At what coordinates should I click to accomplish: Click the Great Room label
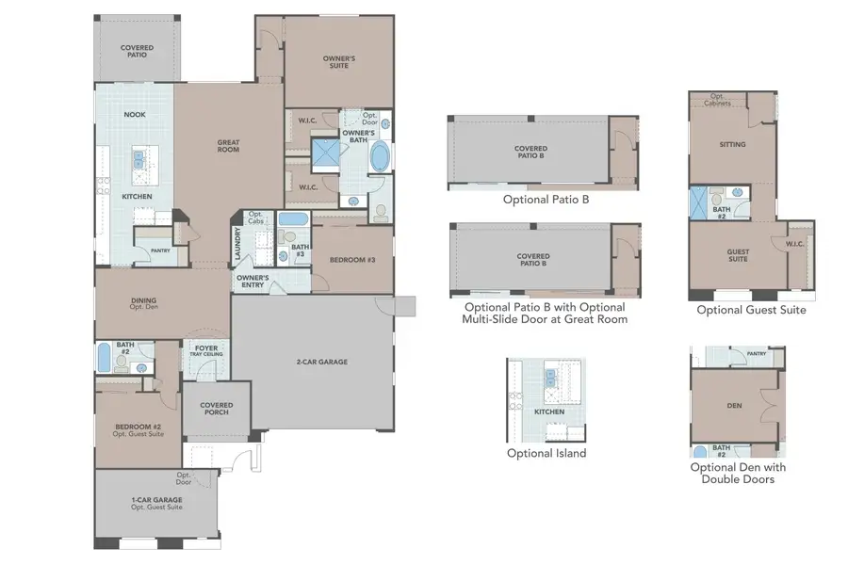pyautogui.click(x=228, y=147)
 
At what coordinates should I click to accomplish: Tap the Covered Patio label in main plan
pyautogui.click(x=138, y=51)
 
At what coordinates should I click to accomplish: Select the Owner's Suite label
pyautogui.click(x=338, y=62)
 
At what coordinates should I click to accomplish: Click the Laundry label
pyautogui.click(x=238, y=247)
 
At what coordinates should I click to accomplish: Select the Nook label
pyautogui.click(x=135, y=115)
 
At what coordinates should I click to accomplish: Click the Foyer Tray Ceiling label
pyautogui.click(x=207, y=351)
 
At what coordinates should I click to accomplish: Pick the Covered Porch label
pyautogui.click(x=217, y=409)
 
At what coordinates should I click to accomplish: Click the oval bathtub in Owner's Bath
pyautogui.click(x=381, y=157)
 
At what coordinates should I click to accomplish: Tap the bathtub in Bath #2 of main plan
pyautogui.click(x=104, y=360)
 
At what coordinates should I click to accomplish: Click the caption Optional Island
pyautogui.click(x=546, y=453)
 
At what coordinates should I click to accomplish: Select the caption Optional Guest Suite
pyautogui.click(x=751, y=310)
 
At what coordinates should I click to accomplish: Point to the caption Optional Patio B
pyautogui.click(x=546, y=200)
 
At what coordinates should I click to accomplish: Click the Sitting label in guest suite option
pyautogui.click(x=732, y=145)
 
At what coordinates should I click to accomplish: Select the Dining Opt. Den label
pyautogui.click(x=144, y=304)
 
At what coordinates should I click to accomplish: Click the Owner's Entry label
pyautogui.click(x=253, y=281)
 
